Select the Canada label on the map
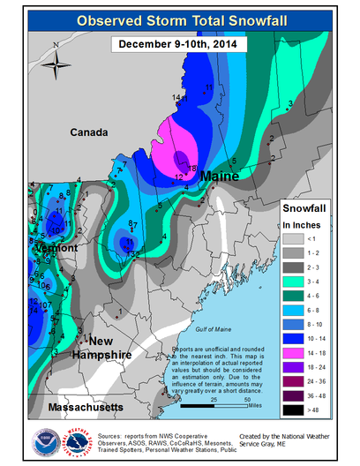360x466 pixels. click(x=90, y=132)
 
